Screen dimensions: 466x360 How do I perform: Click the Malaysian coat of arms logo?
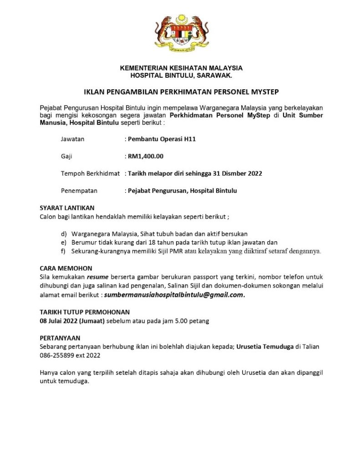point(181,34)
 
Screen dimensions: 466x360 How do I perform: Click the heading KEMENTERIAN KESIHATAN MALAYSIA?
point(181,68)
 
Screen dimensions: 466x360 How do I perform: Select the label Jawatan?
point(72,139)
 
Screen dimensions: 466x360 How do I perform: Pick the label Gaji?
point(66,156)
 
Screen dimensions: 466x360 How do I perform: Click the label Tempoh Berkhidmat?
point(90,173)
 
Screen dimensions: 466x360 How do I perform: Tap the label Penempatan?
point(79,191)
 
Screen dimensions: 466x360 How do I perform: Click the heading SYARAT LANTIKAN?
point(67,208)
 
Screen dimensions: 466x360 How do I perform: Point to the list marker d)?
point(64,234)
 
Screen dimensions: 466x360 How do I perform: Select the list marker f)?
point(63,251)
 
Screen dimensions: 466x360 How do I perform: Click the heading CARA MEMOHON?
point(66,268)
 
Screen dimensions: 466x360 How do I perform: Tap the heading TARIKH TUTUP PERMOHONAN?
point(85,312)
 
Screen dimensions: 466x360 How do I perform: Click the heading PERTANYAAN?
point(60,338)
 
